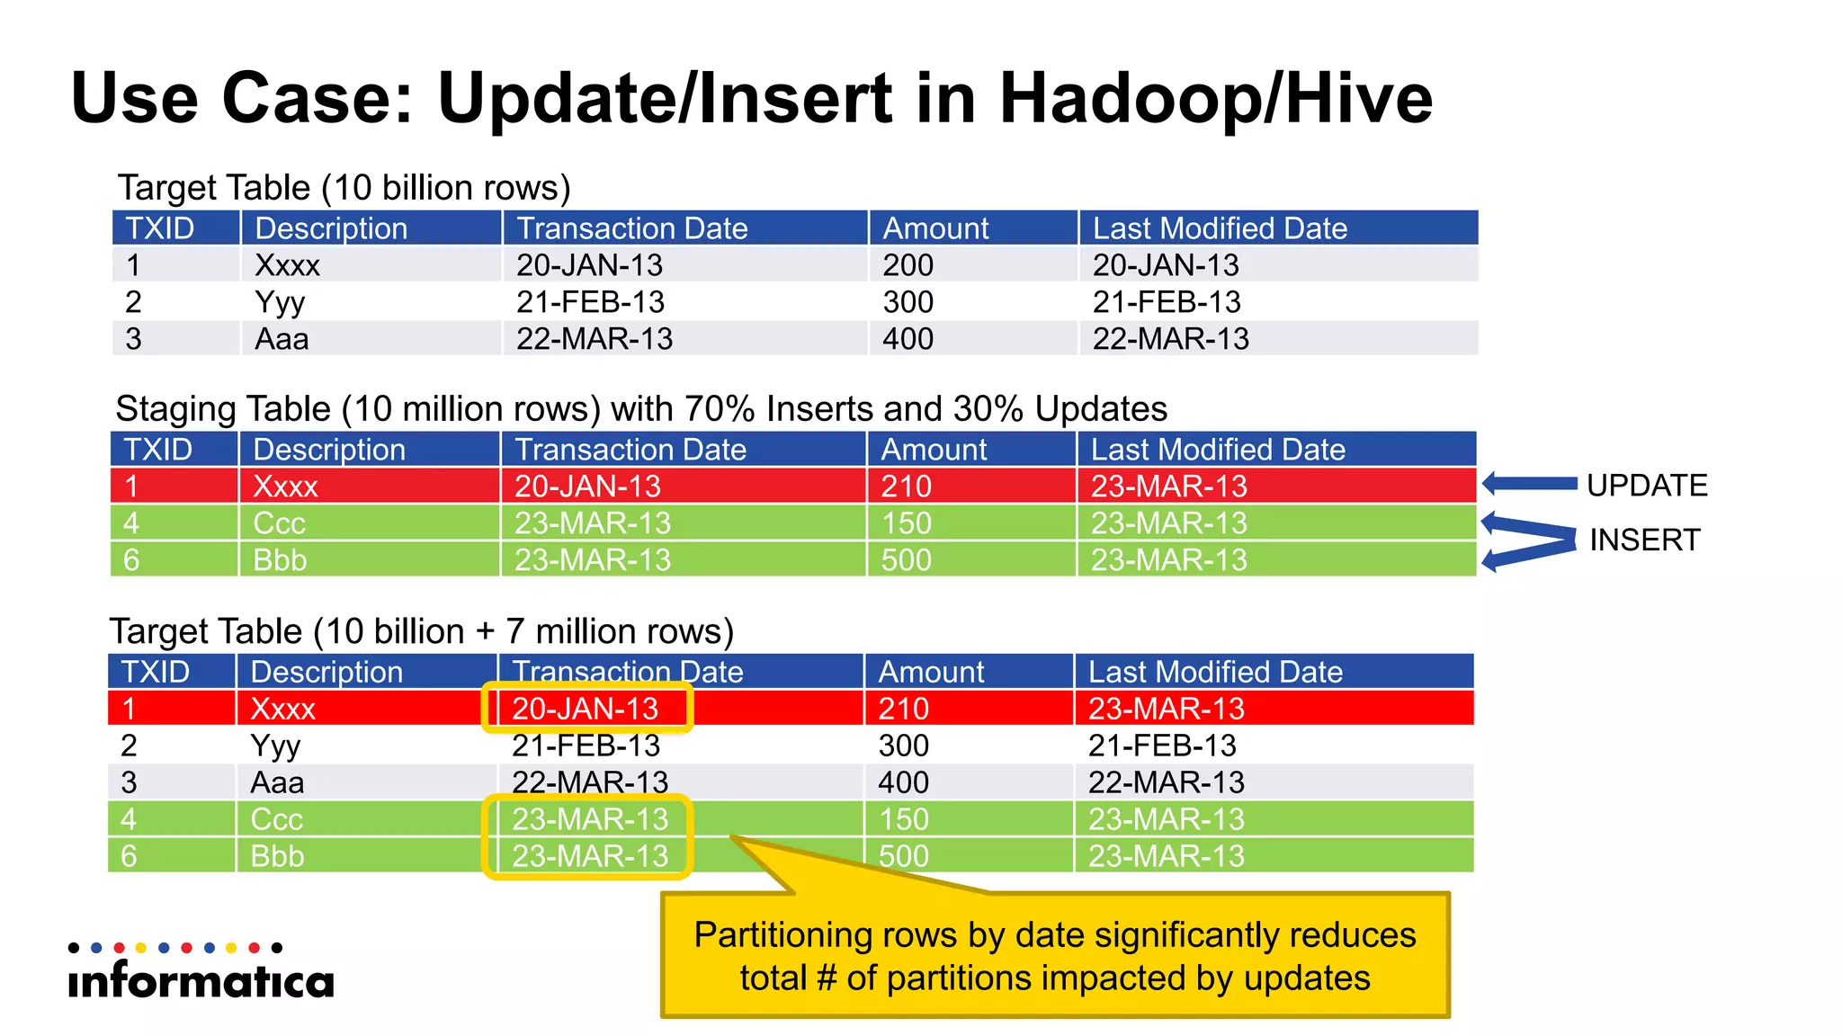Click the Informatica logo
[201, 973]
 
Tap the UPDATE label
[1646, 486]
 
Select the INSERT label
[1644, 540]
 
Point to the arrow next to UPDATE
[1529, 484]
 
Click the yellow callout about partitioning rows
[1055, 956]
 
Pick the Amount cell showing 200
[908, 265]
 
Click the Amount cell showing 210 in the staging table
[906, 487]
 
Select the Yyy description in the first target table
[280, 302]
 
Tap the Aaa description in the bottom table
[277, 782]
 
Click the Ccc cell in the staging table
[279, 523]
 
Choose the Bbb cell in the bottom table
[277, 856]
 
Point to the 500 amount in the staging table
[906, 560]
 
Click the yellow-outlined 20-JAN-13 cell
[586, 709]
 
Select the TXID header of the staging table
[158, 450]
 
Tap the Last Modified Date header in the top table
[1220, 228]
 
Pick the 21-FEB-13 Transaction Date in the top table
[590, 302]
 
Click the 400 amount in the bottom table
[903, 782]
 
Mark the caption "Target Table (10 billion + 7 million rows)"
[421, 631]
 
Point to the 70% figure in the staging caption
[720, 409]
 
